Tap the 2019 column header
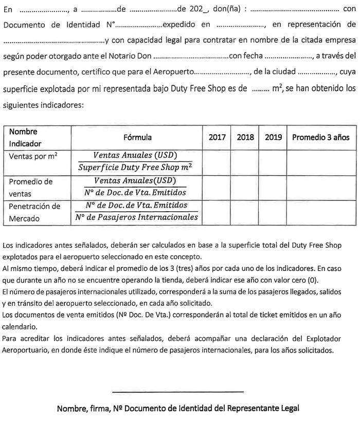point(273,137)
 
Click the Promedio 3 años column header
point(320,137)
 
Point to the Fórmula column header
point(137,137)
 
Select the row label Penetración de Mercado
point(34,212)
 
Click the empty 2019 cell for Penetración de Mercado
point(273,213)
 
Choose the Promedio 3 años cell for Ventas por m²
point(320,161)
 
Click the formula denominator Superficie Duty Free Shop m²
point(136,167)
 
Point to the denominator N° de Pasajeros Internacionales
point(136,218)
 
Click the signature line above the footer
point(178,392)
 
